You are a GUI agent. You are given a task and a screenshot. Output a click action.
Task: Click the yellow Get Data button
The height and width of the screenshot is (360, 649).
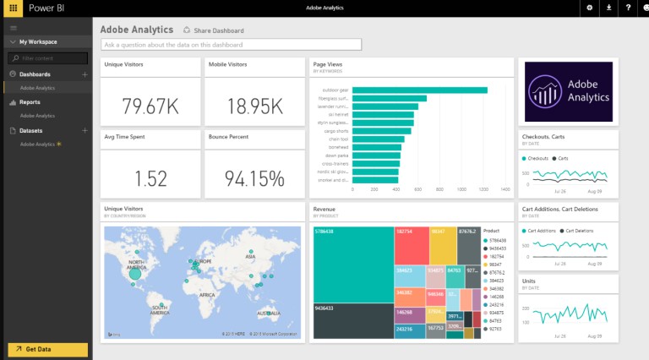click(47, 349)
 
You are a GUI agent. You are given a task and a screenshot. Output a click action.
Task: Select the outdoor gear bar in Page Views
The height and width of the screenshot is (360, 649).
click(419, 90)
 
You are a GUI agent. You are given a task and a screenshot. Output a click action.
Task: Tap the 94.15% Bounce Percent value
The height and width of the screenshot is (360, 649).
click(254, 178)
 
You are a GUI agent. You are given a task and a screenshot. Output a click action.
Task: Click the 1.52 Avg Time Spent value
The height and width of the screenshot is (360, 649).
click(150, 178)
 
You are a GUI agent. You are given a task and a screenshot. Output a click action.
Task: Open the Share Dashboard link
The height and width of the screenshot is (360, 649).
click(213, 30)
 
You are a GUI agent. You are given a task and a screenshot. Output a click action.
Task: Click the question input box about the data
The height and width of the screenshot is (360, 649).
click(231, 44)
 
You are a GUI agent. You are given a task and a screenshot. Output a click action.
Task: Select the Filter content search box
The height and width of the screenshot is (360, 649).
click(48, 58)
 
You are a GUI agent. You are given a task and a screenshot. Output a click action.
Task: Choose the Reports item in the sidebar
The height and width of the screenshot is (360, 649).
click(30, 102)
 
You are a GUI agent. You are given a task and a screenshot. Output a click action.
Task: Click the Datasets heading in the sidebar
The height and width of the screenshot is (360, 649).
click(32, 131)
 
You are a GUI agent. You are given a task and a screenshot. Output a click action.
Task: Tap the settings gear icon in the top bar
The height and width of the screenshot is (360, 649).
click(589, 8)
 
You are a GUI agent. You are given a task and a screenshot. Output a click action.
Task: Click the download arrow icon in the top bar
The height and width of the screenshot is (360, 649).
click(608, 8)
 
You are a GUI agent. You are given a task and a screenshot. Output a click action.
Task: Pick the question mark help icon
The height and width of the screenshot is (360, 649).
click(628, 8)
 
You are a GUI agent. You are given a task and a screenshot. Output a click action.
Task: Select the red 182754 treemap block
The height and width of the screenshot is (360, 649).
click(411, 245)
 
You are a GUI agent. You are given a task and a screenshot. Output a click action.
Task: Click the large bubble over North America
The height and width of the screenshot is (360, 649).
click(134, 273)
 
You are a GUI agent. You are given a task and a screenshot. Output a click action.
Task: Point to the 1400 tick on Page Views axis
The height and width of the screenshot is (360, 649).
click(505, 190)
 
